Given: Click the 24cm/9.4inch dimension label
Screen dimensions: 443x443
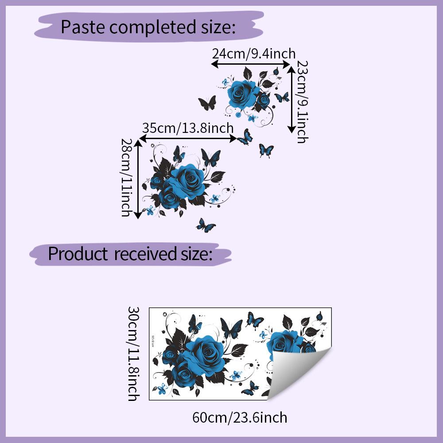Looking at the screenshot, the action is (x=254, y=54).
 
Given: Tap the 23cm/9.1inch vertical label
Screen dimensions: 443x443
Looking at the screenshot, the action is (x=302, y=102).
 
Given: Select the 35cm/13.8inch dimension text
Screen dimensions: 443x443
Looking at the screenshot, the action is (x=188, y=128).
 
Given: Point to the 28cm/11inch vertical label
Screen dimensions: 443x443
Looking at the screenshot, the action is (x=126, y=178).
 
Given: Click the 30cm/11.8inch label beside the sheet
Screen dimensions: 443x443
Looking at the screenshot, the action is (x=133, y=354).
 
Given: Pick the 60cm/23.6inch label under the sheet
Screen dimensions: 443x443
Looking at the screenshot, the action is (x=240, y=417).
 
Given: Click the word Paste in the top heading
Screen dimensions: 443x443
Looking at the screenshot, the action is (x=83, y=27).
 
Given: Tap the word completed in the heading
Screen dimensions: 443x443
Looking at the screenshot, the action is (x=152, y=27).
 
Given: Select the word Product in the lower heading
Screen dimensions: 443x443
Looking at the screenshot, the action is (x=78, y=253).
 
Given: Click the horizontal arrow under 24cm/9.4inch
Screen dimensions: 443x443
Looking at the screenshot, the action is (x=251, y=64).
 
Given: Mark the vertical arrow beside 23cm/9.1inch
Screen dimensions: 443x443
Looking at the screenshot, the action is (x=291, y=99).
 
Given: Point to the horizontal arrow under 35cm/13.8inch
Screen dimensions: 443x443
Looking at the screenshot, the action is (x=188, y=138).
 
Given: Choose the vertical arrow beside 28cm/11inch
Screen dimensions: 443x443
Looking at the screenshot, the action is (x=138, y=179).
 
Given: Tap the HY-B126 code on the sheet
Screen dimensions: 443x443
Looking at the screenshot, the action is (x=153, y=341).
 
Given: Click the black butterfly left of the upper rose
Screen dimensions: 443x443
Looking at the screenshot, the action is (x=207, y=103).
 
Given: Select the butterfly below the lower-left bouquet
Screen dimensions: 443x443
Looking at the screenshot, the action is (x=206, y=225).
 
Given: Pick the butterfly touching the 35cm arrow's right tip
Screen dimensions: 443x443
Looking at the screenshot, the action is (x=245, y=137).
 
